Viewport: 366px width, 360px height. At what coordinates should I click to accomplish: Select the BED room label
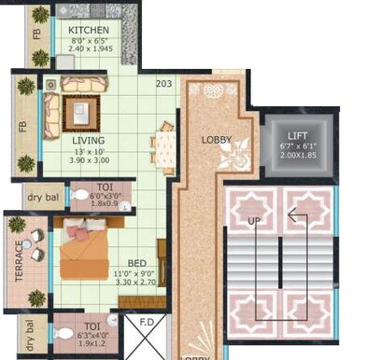click(x=135, y=263)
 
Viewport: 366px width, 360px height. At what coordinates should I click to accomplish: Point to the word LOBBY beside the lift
click(x=217, y=141)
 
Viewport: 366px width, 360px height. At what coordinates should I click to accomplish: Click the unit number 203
click(x=164, y=84)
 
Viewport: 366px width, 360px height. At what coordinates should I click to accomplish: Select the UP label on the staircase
click(x=254, y=221)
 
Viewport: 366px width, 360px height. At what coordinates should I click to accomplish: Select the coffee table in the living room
click(x=81, y=113)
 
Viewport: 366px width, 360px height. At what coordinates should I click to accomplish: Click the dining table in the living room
click(x=163, y=145)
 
